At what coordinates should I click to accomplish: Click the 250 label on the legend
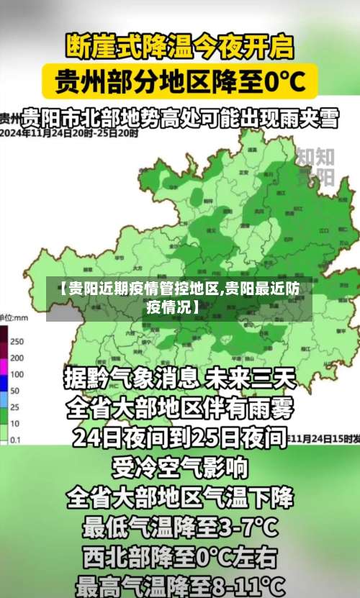[x=17, y=340]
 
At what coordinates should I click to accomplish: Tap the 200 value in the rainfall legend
[x=17, y=358]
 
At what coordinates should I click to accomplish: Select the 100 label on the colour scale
[x=17, y=374]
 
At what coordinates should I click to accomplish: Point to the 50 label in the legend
[x=14, y=391]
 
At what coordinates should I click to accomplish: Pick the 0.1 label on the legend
[x=14, y=440]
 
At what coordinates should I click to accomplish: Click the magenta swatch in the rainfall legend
[x=3, y=358]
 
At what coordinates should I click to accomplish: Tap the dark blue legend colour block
[x=3, y=374]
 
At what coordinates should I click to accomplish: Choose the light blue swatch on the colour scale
[x=3, y=391]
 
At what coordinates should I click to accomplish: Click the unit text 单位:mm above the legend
[x=14, y=317]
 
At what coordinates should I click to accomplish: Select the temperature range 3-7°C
[x=246, y=529]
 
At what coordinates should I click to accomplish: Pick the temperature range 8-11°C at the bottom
[x=252, y=582]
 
